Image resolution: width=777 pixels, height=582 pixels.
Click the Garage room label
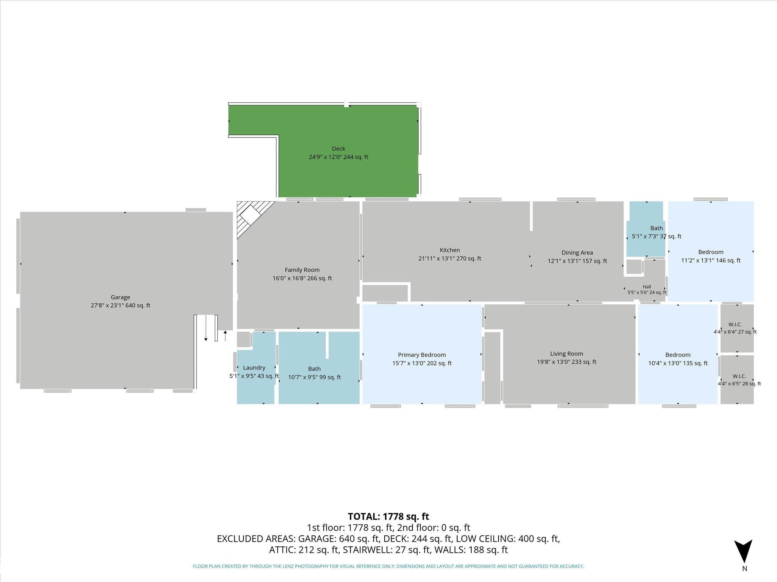tap(120, 301)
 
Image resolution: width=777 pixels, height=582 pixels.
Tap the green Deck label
tap(338, 153)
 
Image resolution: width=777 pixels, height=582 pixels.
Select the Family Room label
tap(302, 274)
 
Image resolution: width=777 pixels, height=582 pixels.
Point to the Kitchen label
tap(450, 254)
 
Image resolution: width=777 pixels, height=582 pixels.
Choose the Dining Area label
tap(577, 257)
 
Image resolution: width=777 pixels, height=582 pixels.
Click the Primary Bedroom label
tap(422, 359)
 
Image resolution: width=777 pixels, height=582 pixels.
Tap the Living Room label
tap(566, 358)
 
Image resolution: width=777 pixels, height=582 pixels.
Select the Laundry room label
tap(254, 372)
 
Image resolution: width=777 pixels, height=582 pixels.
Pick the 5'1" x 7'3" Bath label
tap(656, 232)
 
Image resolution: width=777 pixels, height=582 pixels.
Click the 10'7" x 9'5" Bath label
tap(314, 373)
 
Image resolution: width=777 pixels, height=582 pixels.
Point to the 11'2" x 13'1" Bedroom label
tap(711, 256)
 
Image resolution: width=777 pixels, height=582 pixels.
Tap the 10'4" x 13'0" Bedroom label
tap(678, 359)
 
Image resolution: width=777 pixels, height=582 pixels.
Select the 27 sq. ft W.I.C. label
tap(735, 328)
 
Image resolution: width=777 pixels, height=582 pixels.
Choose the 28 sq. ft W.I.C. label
tap(739, 380)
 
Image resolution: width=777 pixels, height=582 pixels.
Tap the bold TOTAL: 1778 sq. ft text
tap(388, 516)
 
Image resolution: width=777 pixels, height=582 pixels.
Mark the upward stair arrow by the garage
tap(225, 336)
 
